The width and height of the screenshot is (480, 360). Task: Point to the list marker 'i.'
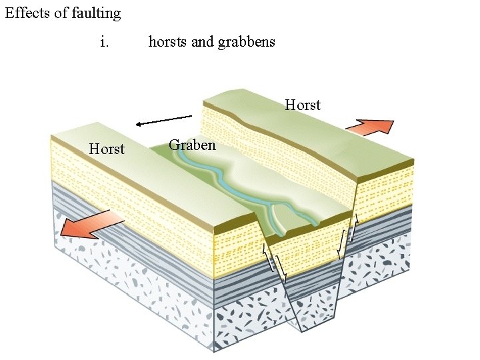coord(104,42)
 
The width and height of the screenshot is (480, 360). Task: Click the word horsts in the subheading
coord(168,42)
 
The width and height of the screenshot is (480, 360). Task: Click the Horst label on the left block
coord(107,149)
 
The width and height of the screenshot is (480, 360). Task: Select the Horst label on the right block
coord(303,105)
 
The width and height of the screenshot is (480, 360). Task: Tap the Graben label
coord(192,145)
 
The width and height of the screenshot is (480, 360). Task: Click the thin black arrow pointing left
coord(163,121)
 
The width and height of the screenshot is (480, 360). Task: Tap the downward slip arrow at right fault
coord(340,243)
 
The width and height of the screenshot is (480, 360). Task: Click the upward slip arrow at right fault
coord(354,228)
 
